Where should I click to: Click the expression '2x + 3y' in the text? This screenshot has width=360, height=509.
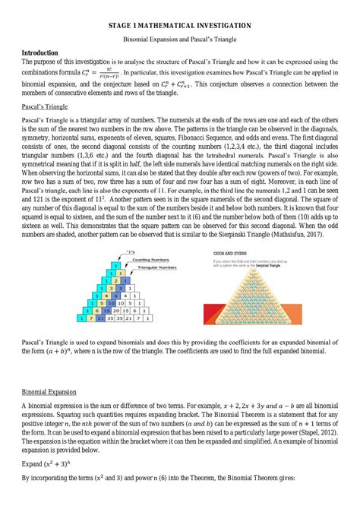pos(249,407)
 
